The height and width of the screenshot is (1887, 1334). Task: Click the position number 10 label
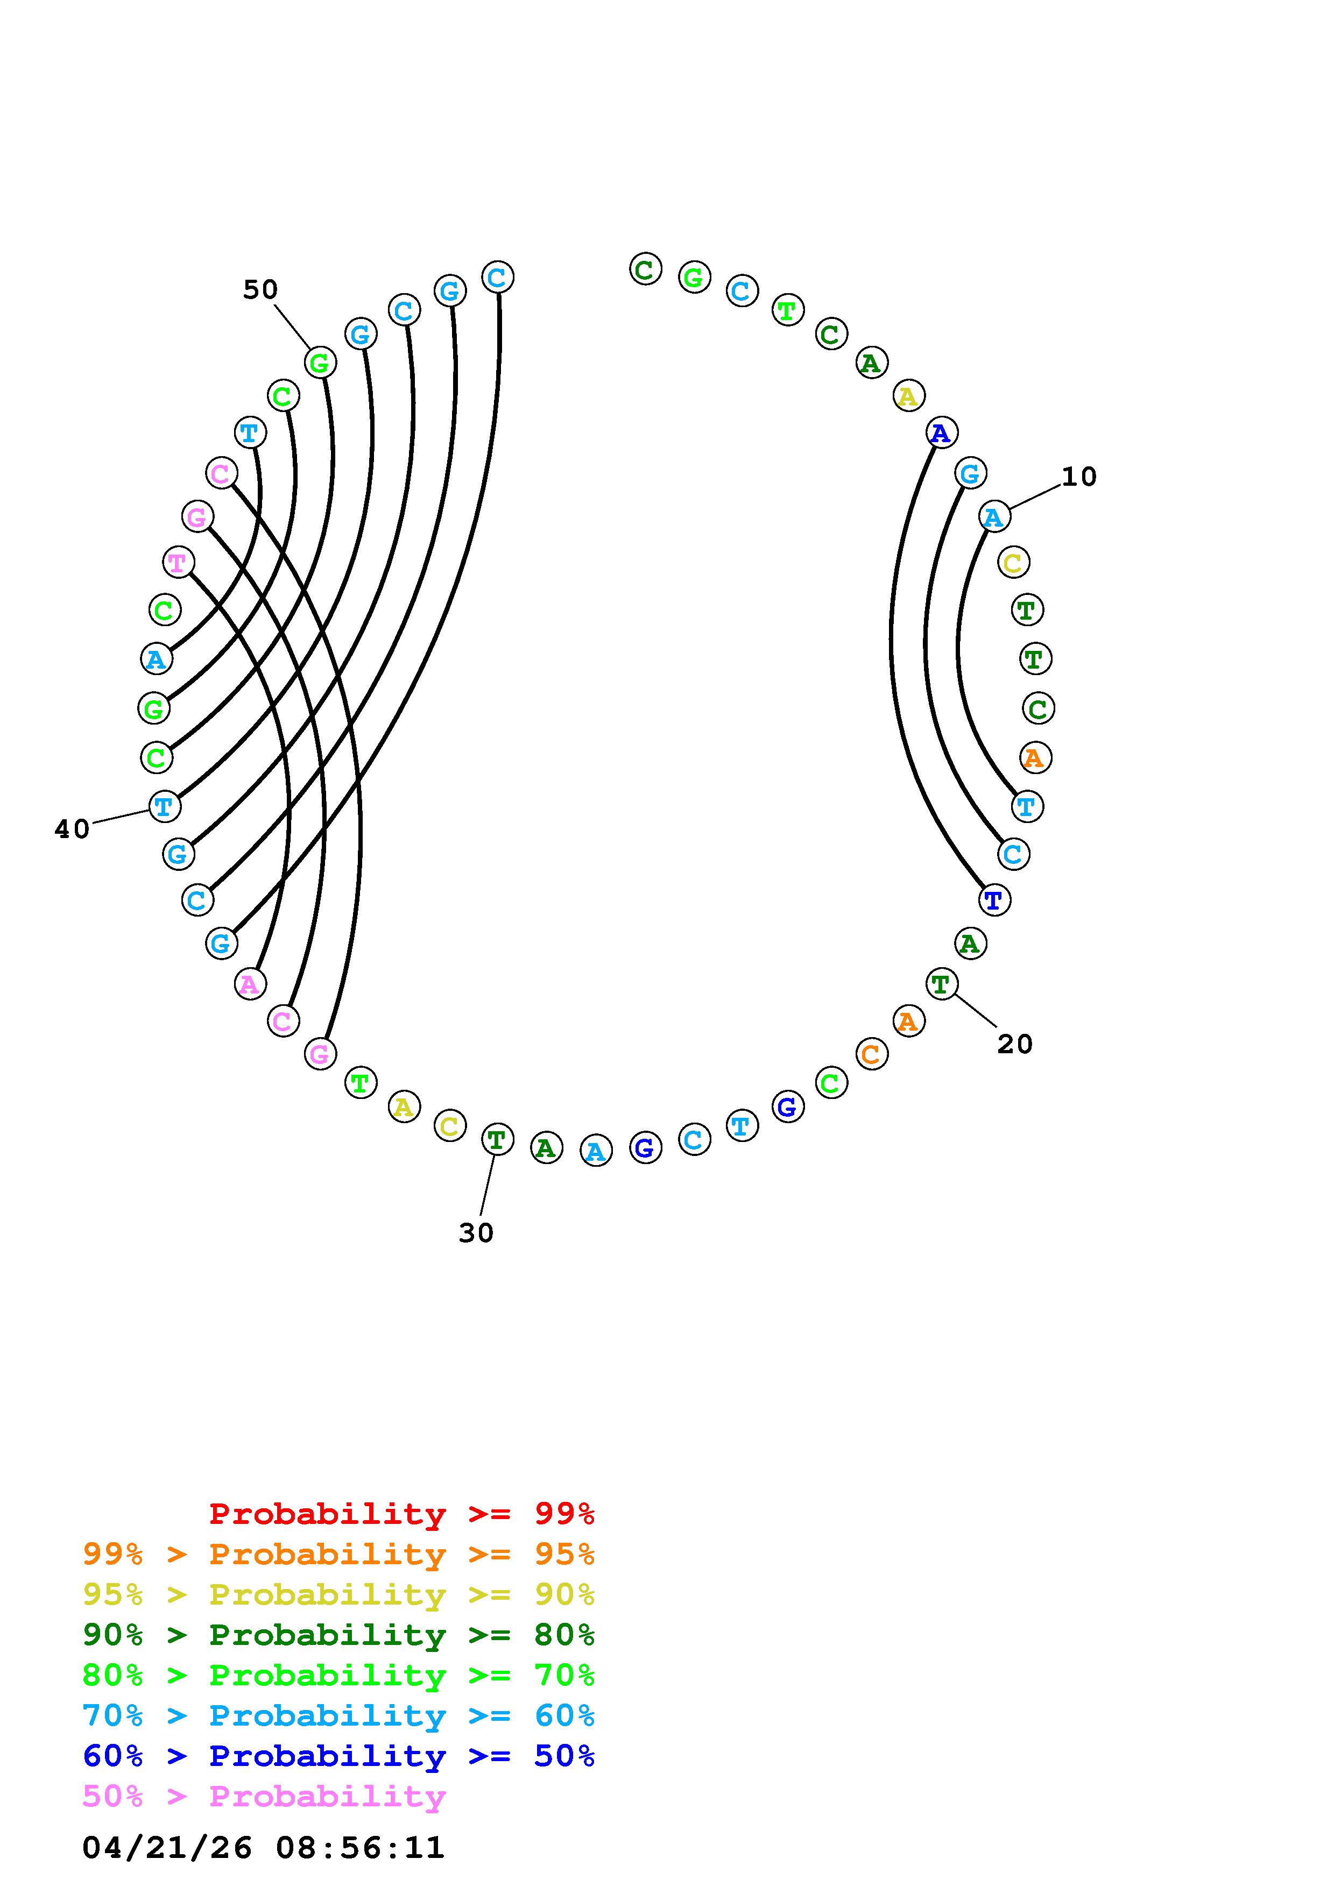click(x=1078, y=477)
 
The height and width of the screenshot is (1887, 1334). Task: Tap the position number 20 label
click(x=1014, y=1044)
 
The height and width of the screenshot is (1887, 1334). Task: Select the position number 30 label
click(x=476, y=1233)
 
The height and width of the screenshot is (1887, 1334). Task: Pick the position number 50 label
click(x=260, y=289)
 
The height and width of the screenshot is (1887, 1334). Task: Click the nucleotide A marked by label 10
click(x=994, y=517)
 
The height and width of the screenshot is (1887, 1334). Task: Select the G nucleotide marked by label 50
click(x=320, y=363)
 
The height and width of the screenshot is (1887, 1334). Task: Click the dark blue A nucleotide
click(x=941, y=432)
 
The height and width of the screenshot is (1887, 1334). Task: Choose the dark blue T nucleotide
click(x=994, y=900)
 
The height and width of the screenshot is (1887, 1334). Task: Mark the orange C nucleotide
click(x=871, y=1054)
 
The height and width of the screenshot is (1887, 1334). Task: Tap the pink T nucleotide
click(x=178, y=563)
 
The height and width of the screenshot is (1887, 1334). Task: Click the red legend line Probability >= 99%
click(x=402, y=1513)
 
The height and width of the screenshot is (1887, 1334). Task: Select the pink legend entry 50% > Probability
click(x=264, y=1796)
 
